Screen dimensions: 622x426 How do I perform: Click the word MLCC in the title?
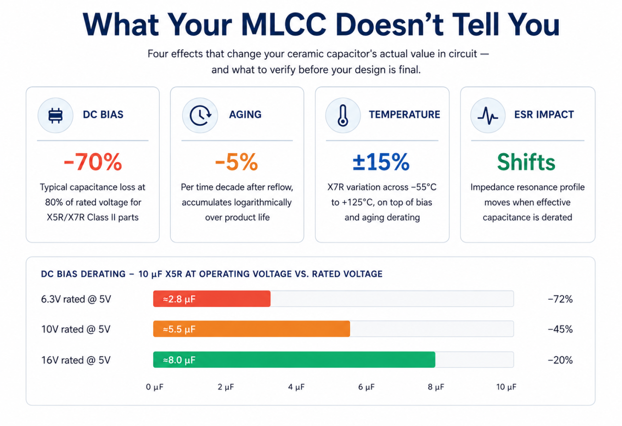click(x=283, y=25)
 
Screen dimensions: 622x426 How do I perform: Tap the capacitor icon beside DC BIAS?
click(x=56, y=115)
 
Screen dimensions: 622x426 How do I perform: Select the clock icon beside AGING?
click(x=200, y=115)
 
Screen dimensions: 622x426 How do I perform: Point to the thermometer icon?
click(x=343, y=115)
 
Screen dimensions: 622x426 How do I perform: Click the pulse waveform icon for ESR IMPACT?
click(x=488, y=116)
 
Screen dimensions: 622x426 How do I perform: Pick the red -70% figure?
click(x=93, y=162)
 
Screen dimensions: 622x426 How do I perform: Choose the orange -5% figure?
click(x=236, y=162)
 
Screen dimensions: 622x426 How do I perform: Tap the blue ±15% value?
click(x=381, y=162)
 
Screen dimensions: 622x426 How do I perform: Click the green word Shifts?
click(x=526, y=162)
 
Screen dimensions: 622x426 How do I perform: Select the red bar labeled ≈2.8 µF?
click(x=211, y=299)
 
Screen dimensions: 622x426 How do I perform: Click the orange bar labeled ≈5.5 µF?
click(x=252, y=329)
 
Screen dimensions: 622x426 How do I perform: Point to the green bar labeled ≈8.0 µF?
click(x=294, y=360)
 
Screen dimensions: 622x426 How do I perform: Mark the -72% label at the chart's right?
click(x=560, y=299)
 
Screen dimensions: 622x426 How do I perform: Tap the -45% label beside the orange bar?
click(x=560, y=329)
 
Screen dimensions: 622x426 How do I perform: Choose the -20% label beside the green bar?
click(x=560, y=360)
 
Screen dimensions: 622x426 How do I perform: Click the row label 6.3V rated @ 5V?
click(x=76, y=299)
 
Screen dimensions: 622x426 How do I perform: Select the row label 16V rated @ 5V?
click(x=76, y=360)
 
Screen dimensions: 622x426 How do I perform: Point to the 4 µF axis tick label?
click(x=296, y=387)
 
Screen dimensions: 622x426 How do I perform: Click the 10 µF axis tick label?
click(x=506, y=387)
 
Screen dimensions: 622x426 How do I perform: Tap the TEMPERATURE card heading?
click(x=404, y=115)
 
